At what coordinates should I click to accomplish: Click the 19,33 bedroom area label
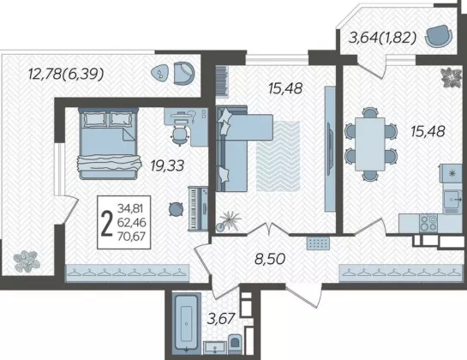click(x=167, y=165)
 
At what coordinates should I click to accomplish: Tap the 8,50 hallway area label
click(x=270, y=259)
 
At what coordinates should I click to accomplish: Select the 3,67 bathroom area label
click(x=221, y=319)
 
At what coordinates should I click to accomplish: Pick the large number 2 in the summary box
click(x=107, y=223)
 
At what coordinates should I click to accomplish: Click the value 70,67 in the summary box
click(x=131, y=237)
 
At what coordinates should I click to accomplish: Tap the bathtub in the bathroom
click(x=186, y=322)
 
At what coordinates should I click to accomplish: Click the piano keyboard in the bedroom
click(x=198, y=208)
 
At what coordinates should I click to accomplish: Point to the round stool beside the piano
click(x=176, y=209)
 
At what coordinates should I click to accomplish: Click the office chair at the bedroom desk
click(x=180, y=135)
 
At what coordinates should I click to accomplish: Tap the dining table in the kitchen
click(x=370, y=144)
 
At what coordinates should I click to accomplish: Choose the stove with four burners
click(x=428, y=223)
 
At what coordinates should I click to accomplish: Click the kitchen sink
click(x=452, y=199)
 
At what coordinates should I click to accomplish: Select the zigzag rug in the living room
click(x=278, y=156)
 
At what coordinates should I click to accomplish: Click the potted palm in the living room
click(x=229, y=221)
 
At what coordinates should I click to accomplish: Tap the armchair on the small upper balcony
click(x=439, y=36)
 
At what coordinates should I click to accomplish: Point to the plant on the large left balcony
click(x=27, y=261)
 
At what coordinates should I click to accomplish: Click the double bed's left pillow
click(x=95, y=119)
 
